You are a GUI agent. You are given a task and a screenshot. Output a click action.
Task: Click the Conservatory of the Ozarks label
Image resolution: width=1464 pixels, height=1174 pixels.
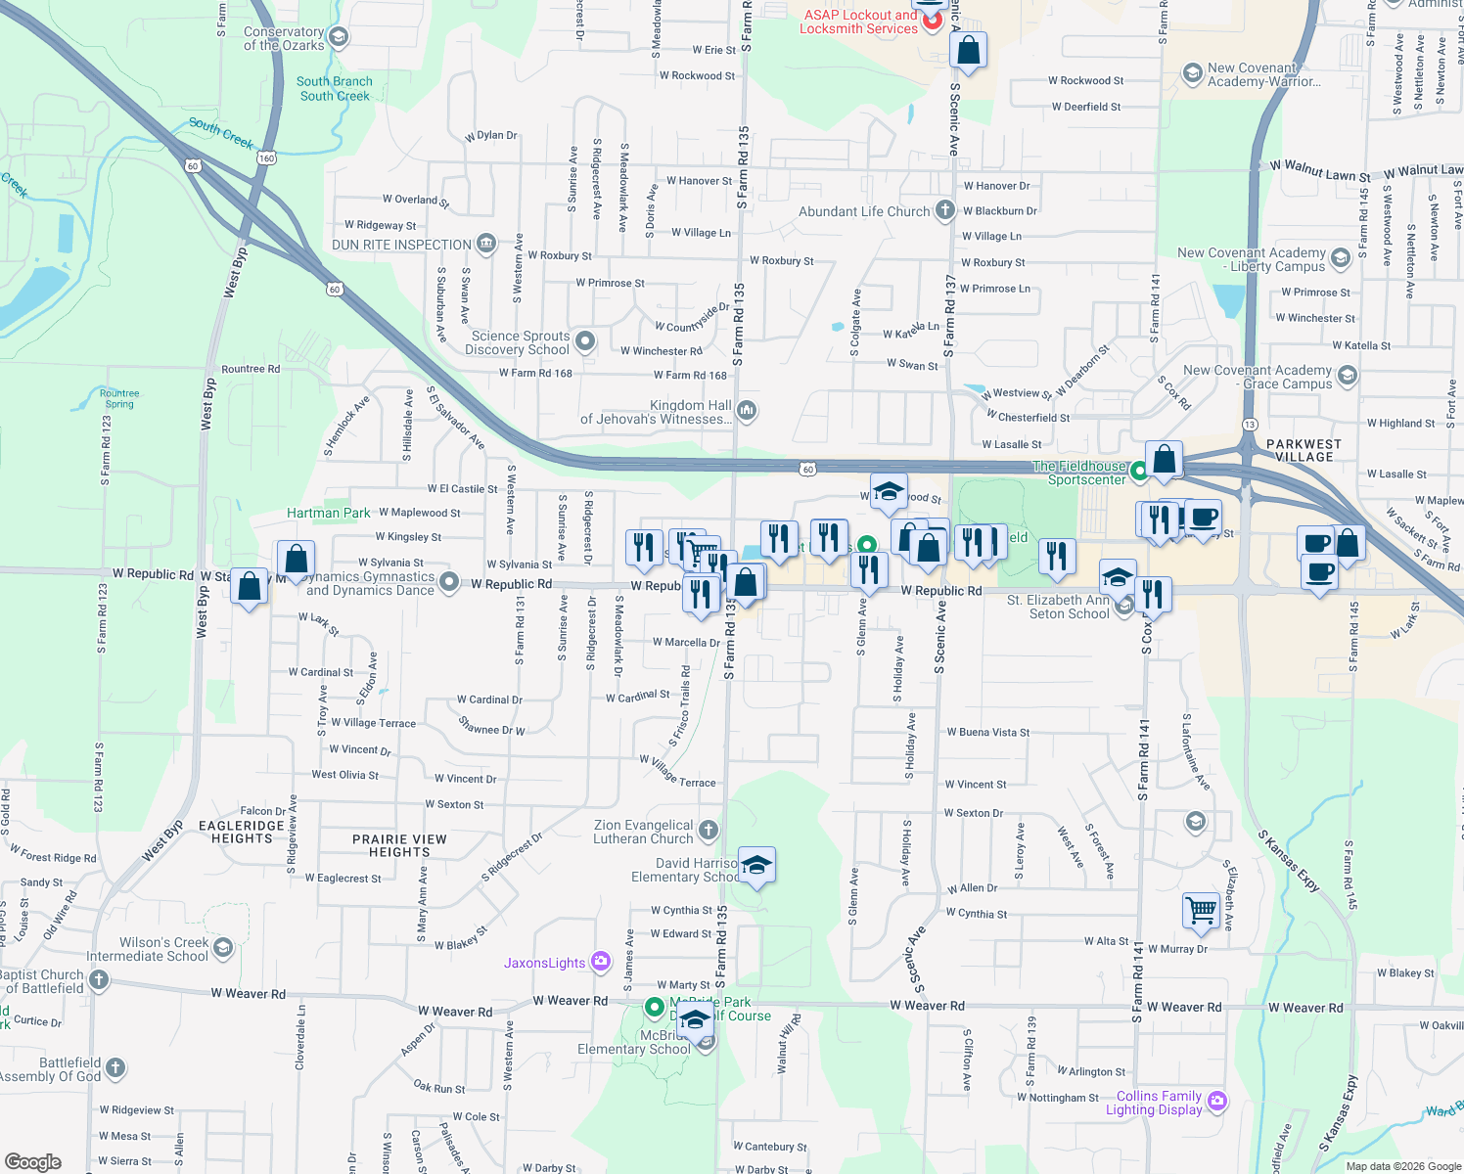(284, 39)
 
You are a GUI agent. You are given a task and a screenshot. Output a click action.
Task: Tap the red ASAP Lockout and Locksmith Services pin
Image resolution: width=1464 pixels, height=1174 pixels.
(932, 19)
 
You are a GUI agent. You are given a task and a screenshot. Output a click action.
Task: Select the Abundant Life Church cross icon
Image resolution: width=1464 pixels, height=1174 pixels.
(944, 210)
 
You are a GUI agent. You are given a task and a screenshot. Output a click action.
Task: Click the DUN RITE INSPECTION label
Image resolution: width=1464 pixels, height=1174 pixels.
(402, 245)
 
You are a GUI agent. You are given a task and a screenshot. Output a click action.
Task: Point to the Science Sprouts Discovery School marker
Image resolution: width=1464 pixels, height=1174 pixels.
(585, 341)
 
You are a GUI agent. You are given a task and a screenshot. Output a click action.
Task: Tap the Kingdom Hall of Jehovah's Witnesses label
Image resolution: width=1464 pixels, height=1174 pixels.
(656, 412)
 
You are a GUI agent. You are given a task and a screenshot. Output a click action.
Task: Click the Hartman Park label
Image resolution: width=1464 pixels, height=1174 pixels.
(329, 513)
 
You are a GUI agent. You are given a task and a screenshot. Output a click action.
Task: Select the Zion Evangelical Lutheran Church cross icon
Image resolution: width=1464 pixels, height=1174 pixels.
(709, 831)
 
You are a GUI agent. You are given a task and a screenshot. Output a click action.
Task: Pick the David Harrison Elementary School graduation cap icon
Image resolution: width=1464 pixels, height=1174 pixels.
(756, 866)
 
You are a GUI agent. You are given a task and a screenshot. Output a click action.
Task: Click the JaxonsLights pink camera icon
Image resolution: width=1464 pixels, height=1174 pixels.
(601, 963)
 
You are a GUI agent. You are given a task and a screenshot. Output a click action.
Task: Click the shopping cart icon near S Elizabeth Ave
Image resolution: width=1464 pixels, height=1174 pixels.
(1201, 910)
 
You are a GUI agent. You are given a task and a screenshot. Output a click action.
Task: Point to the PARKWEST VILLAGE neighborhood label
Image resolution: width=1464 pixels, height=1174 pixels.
(1304, 450)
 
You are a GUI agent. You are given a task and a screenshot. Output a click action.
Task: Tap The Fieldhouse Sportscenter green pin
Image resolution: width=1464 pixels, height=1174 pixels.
(1139, 472)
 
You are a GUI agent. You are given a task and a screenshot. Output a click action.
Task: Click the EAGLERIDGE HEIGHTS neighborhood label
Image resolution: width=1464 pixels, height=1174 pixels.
(242, 832)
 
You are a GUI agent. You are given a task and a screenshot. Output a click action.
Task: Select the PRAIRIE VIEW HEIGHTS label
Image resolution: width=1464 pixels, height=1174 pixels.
(399, 845)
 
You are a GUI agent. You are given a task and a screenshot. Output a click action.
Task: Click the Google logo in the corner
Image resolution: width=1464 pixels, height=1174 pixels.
(33, 1161)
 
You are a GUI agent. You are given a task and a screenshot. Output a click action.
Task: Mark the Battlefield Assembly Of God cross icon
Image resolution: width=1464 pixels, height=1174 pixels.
(115, 1067)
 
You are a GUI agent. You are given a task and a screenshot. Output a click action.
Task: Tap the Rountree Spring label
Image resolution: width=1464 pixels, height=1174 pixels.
(119, 398)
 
